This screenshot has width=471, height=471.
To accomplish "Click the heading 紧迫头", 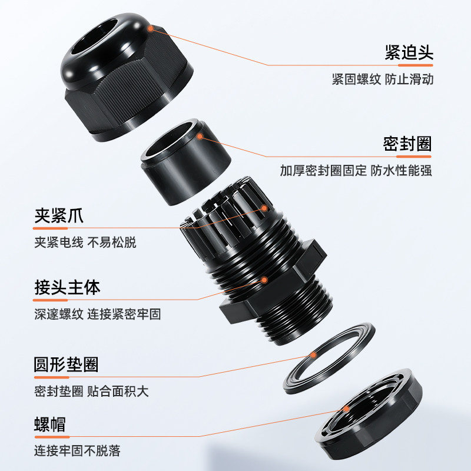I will click(x=409, y=52).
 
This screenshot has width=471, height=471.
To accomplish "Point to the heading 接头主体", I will click(x=67, y=287).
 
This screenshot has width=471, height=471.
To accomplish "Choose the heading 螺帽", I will click(x=50, y=424).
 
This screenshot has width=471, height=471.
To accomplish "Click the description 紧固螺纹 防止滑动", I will click(x=382, y=79).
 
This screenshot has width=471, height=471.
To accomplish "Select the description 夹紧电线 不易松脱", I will click(x=85, y=242).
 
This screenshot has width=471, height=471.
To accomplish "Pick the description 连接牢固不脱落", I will click(x=77, y=451).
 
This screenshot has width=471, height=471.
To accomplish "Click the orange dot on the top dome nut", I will click(x=153, y=27).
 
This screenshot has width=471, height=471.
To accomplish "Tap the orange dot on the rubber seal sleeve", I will click(x=201, y=136).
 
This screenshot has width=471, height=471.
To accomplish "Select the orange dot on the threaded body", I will click(x=265, y=280).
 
